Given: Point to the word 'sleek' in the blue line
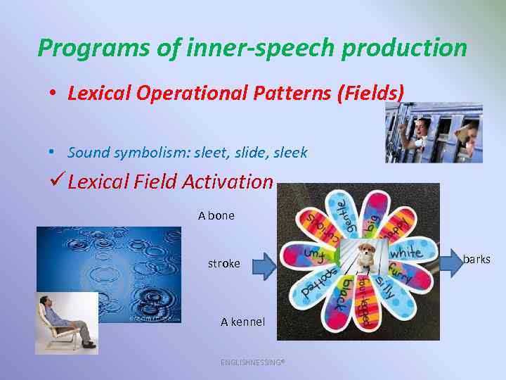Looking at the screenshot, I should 290,153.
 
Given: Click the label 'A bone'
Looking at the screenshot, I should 216,216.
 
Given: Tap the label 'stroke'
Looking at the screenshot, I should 223,264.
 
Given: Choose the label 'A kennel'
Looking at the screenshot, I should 242,322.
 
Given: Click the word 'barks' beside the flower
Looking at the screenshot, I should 476,260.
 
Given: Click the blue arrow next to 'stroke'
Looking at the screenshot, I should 265,264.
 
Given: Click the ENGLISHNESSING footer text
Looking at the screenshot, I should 252,362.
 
